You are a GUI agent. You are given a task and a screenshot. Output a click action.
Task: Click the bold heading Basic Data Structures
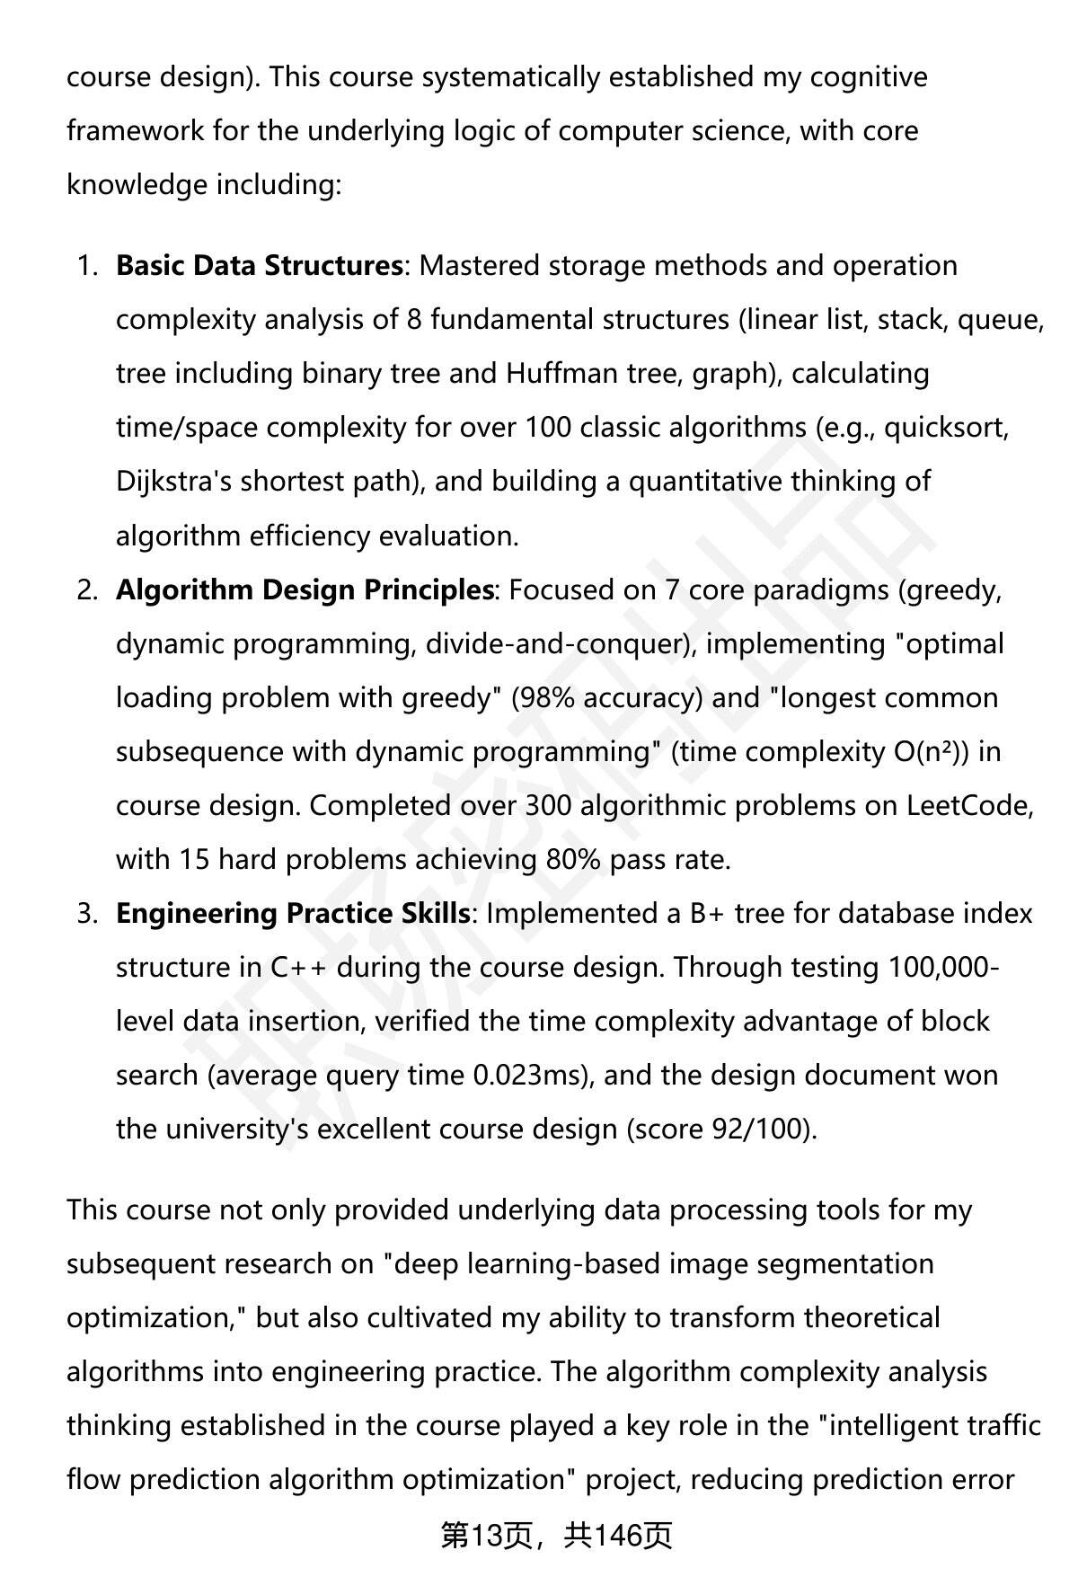(x=259, y=266)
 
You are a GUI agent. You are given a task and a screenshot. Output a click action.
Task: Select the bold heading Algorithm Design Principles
(x=305, y=590)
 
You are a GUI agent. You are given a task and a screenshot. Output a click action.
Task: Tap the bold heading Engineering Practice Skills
(x=293, y=914)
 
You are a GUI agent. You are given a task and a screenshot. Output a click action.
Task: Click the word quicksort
(x=945, y=428)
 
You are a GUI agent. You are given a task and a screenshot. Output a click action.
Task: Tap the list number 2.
(x=86, y=590)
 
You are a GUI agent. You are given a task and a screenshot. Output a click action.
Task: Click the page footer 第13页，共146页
(x=556, y=1537)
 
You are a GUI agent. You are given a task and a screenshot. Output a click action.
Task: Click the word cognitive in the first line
(x=868, y=77)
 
